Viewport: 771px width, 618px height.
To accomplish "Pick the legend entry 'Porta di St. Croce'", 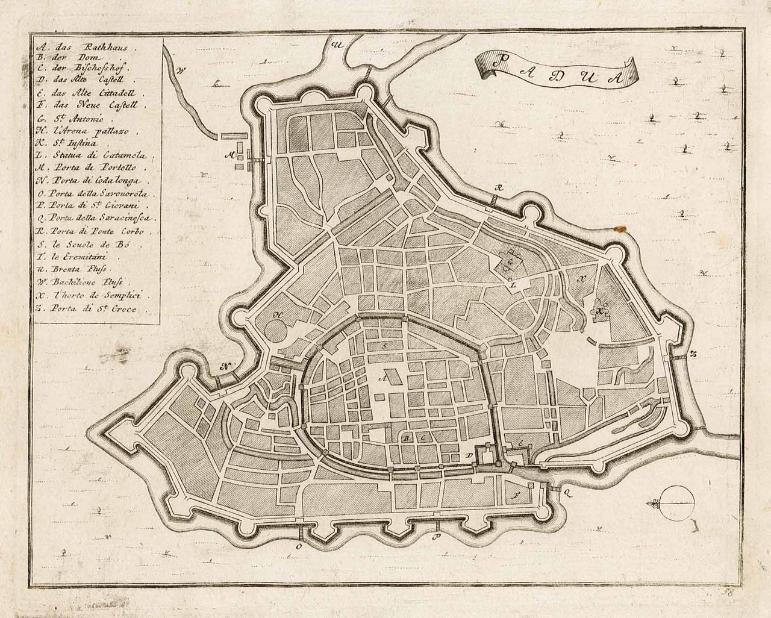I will click(90, 308).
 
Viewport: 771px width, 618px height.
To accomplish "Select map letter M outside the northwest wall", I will click(229, 155).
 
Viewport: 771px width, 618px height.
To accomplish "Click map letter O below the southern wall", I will click(298, 547).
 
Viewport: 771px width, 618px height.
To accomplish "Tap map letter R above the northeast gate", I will click(497, 189).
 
